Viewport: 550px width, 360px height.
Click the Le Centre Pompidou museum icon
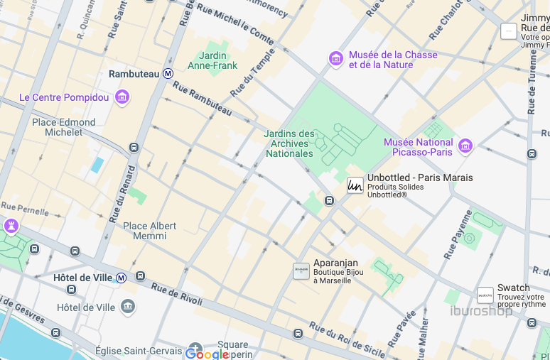click(122, 97)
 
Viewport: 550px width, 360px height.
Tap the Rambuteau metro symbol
click(168, 73)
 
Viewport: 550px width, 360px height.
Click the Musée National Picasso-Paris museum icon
click(465, 146)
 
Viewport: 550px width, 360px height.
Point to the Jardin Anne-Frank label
click(212, 60)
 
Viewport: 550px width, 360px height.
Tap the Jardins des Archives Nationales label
click(289, 143)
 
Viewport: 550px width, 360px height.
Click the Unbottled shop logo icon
click(355, 186)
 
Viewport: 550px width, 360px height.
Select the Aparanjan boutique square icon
click(301, 271)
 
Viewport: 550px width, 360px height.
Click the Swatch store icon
click(485, 295)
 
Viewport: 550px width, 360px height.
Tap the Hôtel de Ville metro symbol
click(122, 278)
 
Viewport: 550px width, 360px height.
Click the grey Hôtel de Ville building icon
click(128, 307)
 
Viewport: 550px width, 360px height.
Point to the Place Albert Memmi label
click(149, 231)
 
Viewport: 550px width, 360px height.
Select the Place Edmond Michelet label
click(64, 127)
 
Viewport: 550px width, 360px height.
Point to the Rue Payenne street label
click(457, 234)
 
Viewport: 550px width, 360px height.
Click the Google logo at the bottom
click(207, 353)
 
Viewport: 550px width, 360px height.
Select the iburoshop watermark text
click(481, 311)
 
